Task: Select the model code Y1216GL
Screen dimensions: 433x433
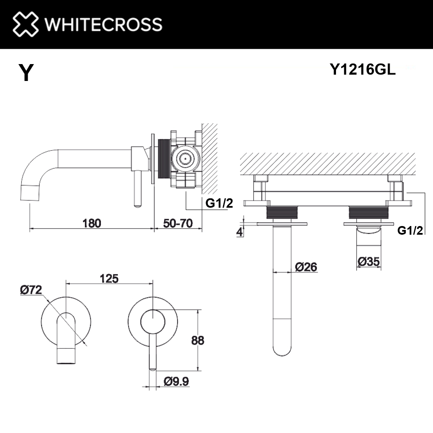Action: click(362, 70)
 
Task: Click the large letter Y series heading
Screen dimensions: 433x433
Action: click(26, 73)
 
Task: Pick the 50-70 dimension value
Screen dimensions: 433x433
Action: click(178, 223)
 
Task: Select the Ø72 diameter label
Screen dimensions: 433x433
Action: click(31, 290)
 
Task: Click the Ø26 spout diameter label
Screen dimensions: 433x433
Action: click(306, 267)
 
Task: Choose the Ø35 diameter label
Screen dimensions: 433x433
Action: click(369, 262)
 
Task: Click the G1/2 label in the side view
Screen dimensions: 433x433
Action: click(218, 203)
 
